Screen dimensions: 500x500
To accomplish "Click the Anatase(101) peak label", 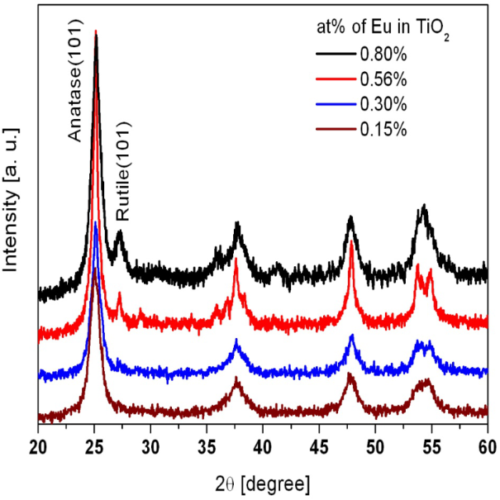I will (x=82, y=83).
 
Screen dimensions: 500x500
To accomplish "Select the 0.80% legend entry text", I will (x=383, y=55).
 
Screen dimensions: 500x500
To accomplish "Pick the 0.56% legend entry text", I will (x=383, y=80).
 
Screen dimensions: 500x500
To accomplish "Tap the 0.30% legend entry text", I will (x=383, y=105).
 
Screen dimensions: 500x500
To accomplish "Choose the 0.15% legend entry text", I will (x=383, y=130).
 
